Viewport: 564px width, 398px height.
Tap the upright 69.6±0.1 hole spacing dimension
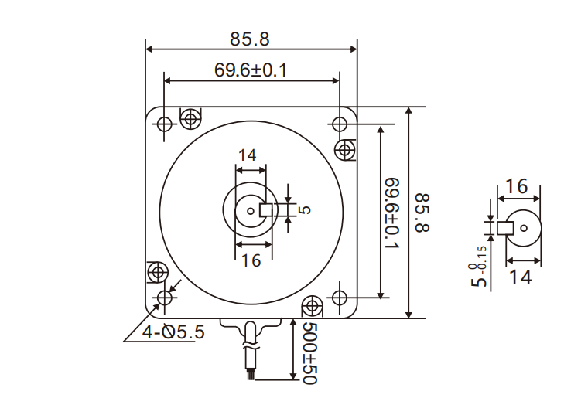pyautogui.click(x=251, y=70)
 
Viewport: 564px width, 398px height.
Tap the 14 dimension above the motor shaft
pyautogui.click(x=247, y=155)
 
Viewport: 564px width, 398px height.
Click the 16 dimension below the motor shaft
pyautogui.click(x=251, y=260)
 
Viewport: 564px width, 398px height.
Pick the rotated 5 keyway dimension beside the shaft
pyautogui.click(x=303, y=209)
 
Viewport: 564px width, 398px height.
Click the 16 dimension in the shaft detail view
pyautogui.click(x=516, y=186)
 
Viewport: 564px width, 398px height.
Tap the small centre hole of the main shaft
pyautogui.click(x=251, y=209)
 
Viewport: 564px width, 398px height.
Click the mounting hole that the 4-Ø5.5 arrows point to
pyautogui.click(x=164, y=298)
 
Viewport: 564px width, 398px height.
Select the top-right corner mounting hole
pyautogui.click(x=339, y=124)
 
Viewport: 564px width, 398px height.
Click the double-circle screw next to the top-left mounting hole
pyautogui.click(x=190, y=118)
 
